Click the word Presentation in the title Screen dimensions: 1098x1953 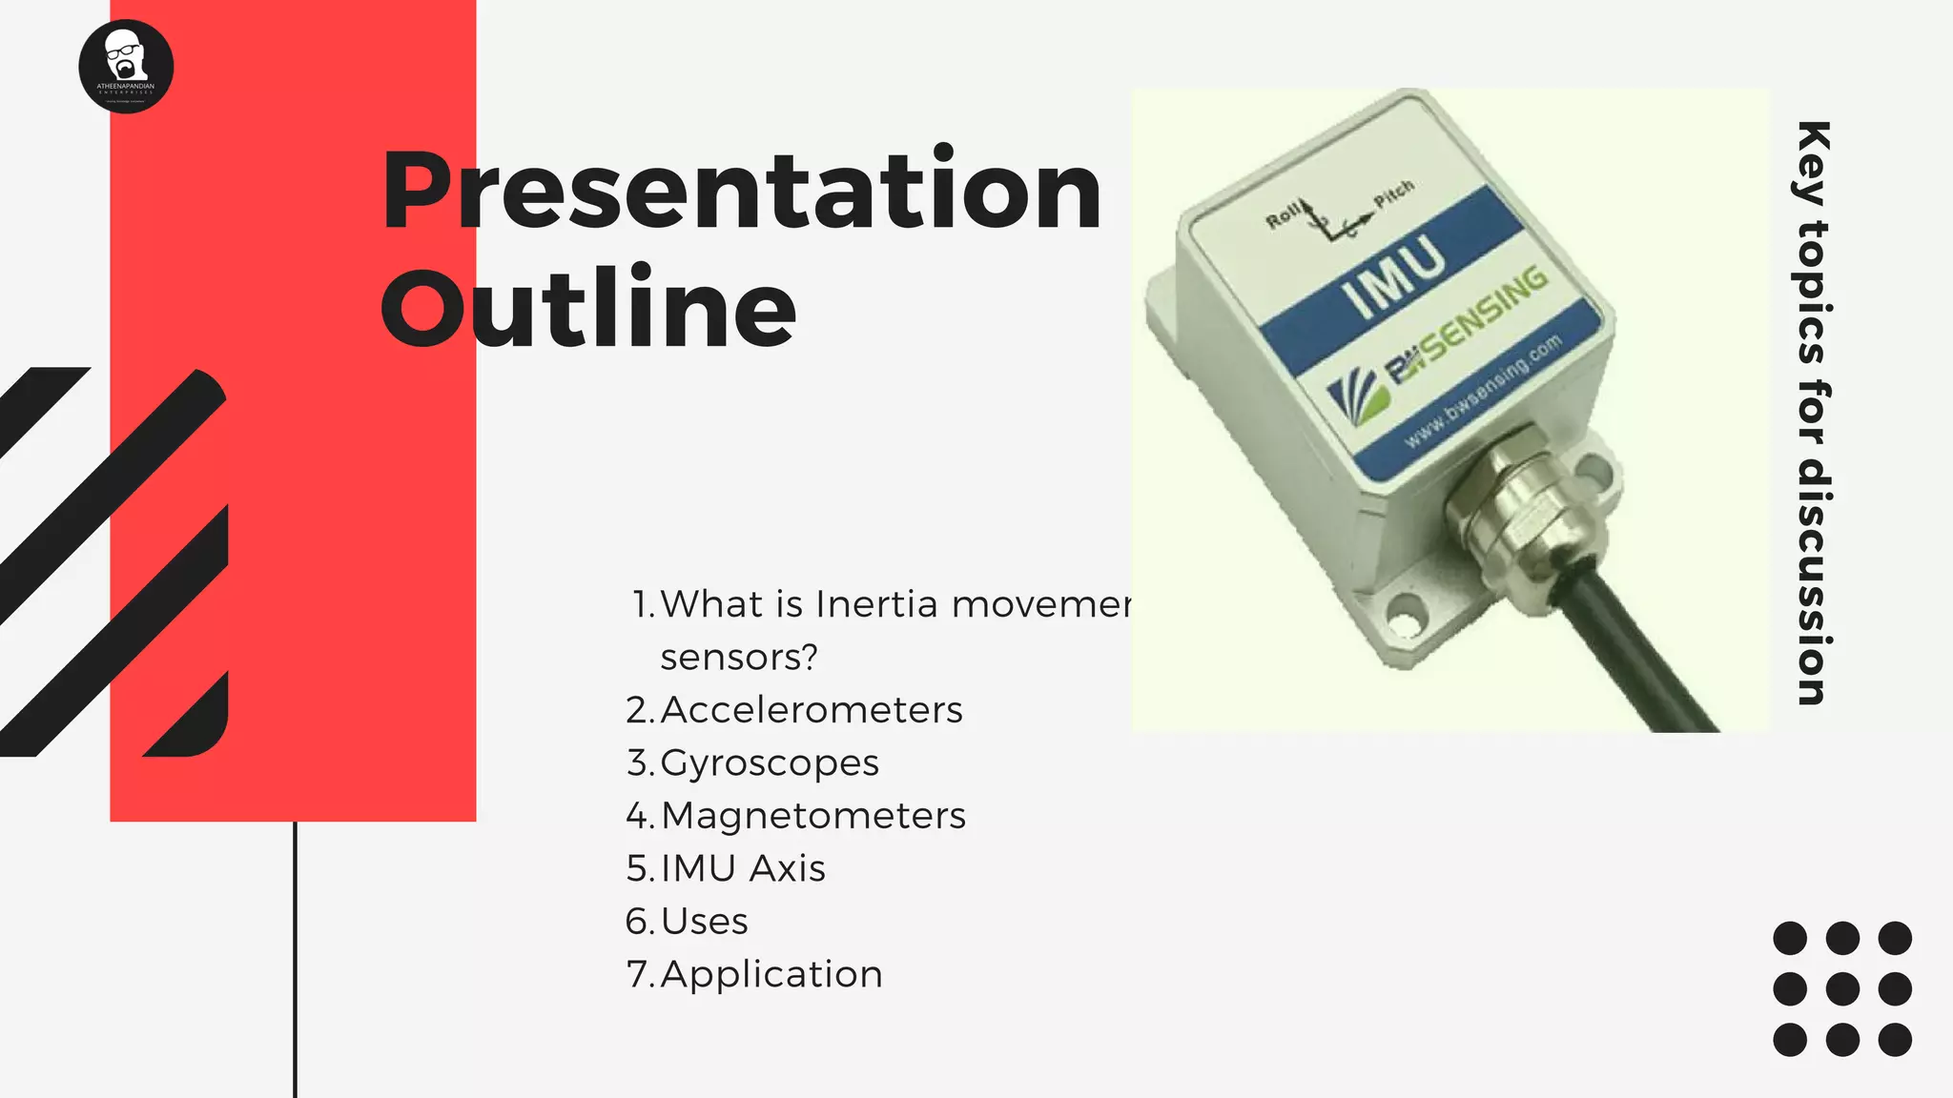[x=742, y=192]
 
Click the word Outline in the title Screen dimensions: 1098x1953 [x=589, y=308]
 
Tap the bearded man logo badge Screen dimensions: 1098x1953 [x=126, y=66]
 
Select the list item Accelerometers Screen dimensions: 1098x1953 [x=811, y=710]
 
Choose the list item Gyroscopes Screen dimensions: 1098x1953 [x=769, y=762]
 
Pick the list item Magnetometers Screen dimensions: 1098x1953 [x=812, y=816]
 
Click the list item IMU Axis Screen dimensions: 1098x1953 [x=743, y=868]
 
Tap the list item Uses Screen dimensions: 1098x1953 [x=704, y=922]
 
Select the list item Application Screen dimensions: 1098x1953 [x=771, y=974]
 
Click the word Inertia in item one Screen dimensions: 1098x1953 [x=876, y=604]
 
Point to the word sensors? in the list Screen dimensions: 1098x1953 [x=739, y=657]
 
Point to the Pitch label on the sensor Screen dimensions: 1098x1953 [x=1394, y=193]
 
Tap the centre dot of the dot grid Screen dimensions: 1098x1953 [x=1842, y=989]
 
